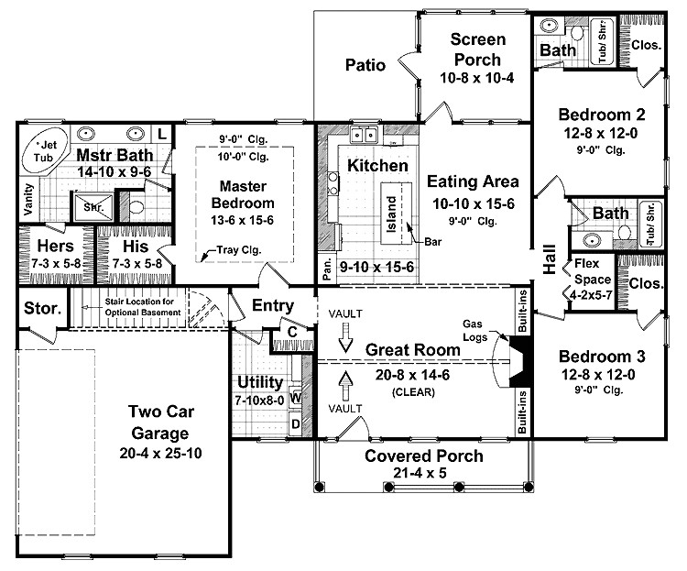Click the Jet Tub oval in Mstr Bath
(x=45, y=150)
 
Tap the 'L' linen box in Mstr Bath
(x=162, y=133)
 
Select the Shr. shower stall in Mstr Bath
(x=93, y=206)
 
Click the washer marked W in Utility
(x=296, y=398)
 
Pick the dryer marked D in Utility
(x=296, y=423)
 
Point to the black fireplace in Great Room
(x=520, y=361)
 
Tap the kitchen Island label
(x=391, y=214)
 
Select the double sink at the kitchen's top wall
(x=364, y=134)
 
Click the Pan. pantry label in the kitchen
(x=327, y=268)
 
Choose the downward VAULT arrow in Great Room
(x=345, y=337)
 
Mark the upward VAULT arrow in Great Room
(x=345, y=386)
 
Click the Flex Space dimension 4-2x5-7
(x=591, y=295)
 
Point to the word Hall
(x=550, y=259)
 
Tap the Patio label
(x=365, y=65)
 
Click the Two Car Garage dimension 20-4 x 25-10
(x=161, y=453)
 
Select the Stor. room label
(x=42, y=308)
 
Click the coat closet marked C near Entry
(x=292, y=333)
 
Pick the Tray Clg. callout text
(x=239, y=250)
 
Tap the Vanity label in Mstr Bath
(x=29, y=199)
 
